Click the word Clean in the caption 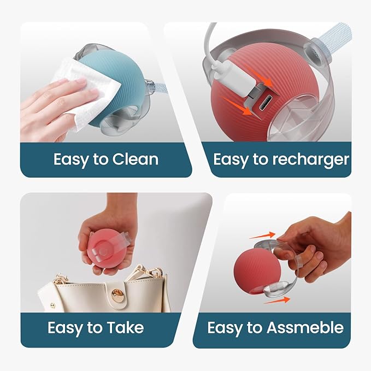pyautogui.click(x=135, y=159)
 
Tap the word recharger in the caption pyautogui.click(x=310, y=160)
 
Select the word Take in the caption pyautogui.click(x=125, y=327)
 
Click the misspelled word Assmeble pyautogui.click(x=305, y=328)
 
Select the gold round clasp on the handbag pyautogui.click(x=117, y=296)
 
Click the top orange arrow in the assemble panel pyautogui.click(x=262, y=235)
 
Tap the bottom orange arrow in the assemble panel pyautogui.click(x=277, y=301)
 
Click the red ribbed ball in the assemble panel pyautogui.click(x=257, y=271)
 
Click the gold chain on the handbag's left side pyautogui.click(x=62, y=279)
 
